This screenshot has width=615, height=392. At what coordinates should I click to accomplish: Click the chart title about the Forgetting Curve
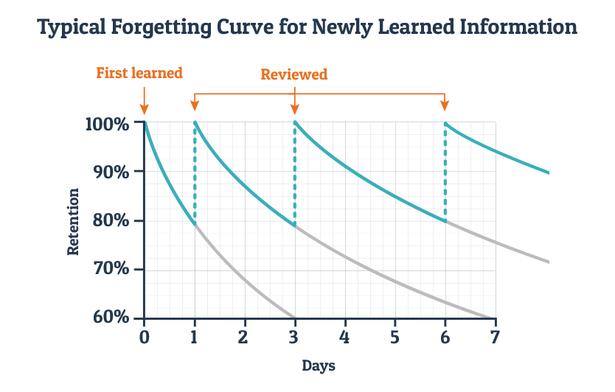(x=307, y=28)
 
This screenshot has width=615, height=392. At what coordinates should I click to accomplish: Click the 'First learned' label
(x=139, y=73)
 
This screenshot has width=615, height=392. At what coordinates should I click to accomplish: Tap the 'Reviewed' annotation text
(x=294, y=74)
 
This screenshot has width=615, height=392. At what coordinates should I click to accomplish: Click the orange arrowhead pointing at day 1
(x=195, y=106)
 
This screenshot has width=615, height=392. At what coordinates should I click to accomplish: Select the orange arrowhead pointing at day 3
(x=295, y=106)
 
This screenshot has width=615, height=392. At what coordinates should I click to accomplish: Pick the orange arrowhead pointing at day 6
(x=445, y=106)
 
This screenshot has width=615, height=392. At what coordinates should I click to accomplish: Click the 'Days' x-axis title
(x=319, y=365)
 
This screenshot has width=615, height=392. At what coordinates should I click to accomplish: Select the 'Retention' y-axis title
(x=73, y=221)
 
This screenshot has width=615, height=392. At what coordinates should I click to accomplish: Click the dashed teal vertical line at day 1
(x=195, y=173)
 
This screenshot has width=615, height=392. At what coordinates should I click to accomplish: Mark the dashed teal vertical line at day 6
(x=445, y=173)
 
